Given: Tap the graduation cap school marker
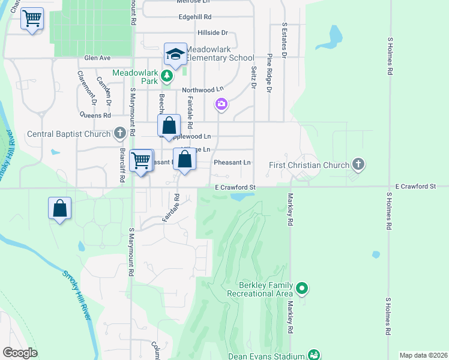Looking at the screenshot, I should tap(175, 54).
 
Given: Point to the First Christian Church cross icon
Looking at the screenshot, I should tap(358, 164).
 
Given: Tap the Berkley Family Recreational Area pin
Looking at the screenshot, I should tap(302, 289).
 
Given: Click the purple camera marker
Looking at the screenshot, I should tap(221, 105).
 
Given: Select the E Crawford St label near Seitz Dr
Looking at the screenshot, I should tap(235, 188).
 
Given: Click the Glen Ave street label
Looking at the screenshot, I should tap(98, 58).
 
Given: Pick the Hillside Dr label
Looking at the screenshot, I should tap(212, 32).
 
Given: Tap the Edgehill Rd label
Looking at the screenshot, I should tap(195, 17).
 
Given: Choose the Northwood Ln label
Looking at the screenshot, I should tap(198, 90).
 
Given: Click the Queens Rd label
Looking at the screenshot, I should tap(96, 115).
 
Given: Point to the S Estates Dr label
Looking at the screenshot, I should tap(284, 40).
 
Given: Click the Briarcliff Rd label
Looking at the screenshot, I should tap(122, 164).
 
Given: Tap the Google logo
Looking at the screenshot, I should tap(20, 353).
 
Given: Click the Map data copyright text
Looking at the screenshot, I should tap(423, 355).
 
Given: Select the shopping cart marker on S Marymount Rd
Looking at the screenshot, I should tap(141, 160).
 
